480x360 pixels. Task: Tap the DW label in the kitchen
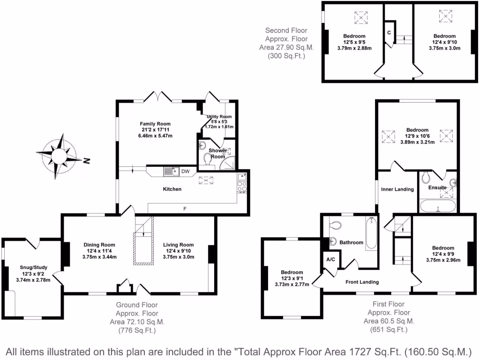(186, 172)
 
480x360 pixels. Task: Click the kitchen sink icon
(170, 172)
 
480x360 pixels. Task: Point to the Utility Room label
(219, 117)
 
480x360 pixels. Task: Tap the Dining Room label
(99, 245)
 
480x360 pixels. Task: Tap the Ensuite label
(437, 187)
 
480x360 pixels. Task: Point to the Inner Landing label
(397, 189)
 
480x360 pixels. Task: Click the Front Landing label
(362, 282)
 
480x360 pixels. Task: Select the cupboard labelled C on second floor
(389, 32)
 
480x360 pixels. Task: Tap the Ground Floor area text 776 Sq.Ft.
(137, 330)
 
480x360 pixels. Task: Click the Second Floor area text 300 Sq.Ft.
(286, 56)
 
